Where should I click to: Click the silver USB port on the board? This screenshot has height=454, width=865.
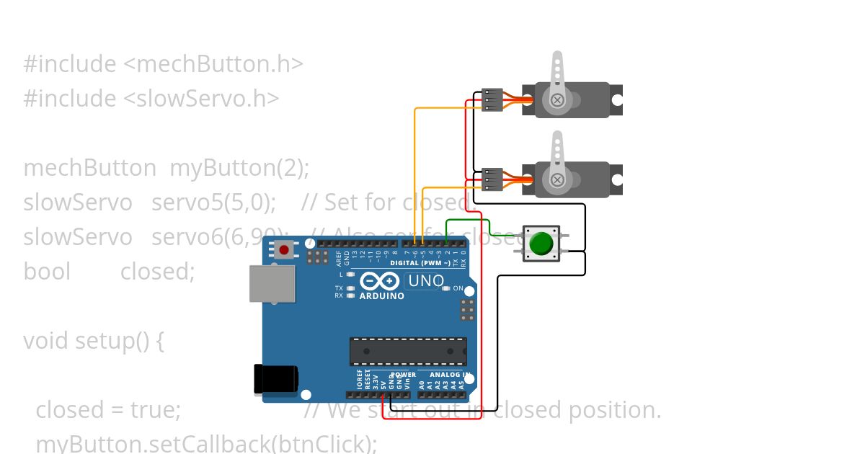272,283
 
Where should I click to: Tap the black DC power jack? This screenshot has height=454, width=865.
276,379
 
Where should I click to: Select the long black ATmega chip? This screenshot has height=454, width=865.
408,351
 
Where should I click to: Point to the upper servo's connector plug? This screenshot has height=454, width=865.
492,99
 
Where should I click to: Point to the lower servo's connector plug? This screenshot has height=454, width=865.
492,179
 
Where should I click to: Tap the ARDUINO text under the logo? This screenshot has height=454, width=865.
381,296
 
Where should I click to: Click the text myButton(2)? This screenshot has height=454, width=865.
239,168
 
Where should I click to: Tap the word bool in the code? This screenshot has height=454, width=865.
47,272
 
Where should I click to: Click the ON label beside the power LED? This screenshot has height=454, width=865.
458,288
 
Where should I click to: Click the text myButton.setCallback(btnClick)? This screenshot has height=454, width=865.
206,443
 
